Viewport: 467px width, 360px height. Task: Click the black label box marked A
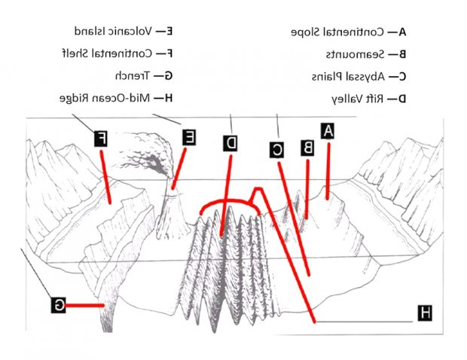point(328,131)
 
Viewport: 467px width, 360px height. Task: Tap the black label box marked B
point(307,148)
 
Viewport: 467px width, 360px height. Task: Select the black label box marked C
point(277,150)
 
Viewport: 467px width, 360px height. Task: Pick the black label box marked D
point(230,143)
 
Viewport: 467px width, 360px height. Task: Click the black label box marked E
point(189,136)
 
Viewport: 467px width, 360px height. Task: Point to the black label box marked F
point(101,139)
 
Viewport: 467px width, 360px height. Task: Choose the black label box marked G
point(59,305)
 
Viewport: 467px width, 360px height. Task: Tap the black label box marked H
point(425,313)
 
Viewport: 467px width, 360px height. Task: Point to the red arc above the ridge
point(226,203)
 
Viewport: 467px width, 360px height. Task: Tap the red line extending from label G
point(86,305)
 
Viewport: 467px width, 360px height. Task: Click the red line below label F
point(105,177)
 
